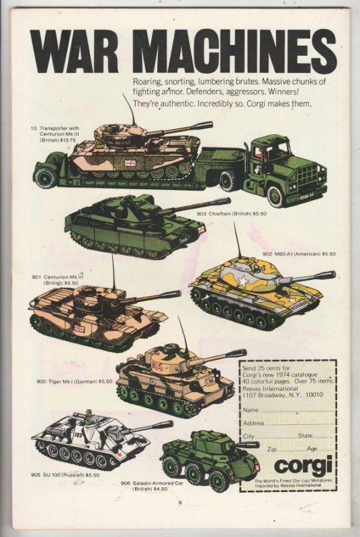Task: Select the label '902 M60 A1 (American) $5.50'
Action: (299, 254)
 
